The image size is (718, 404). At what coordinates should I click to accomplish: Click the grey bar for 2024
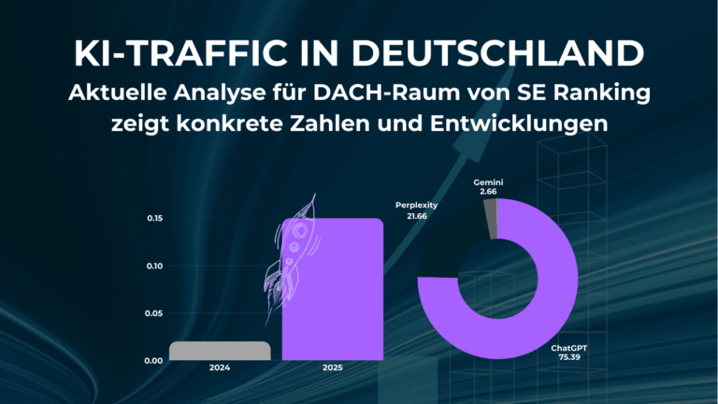221,351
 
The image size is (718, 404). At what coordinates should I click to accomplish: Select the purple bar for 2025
333,290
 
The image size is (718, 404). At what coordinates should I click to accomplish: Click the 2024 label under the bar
221,369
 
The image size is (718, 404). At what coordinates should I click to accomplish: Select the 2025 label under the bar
333,369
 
